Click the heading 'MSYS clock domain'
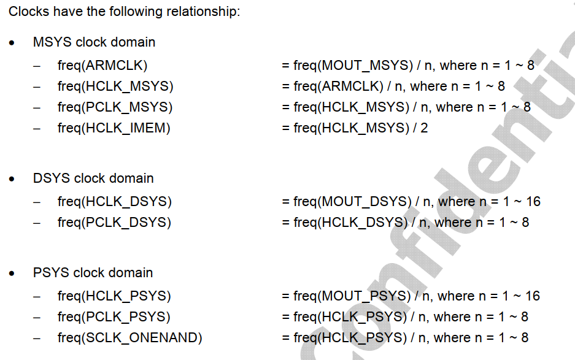(x=94, y=42)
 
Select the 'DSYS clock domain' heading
(x=93, y=178)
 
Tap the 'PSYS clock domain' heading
(x=93, y=273)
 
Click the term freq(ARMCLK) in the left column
(x=102, y=66)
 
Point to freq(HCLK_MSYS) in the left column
(x=115, y=86)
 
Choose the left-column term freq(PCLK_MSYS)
(x=115, y=107)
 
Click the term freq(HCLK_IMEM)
(x=114, y=128)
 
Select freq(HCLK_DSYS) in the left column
(x=115, y=202)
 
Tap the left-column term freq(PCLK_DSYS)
(x=114, y=223)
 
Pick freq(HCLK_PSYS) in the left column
(x=114, y=296)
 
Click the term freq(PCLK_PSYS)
(x=114, y=317)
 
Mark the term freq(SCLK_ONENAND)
(x=129, y=338)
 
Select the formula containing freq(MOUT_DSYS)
(x=411, y=202)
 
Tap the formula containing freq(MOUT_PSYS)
(x=411, y=296)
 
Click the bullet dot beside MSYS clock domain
(x=12, y=43)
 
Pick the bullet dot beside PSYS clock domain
(x=12, y=274)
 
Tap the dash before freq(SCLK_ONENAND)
(x=37, y=338)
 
